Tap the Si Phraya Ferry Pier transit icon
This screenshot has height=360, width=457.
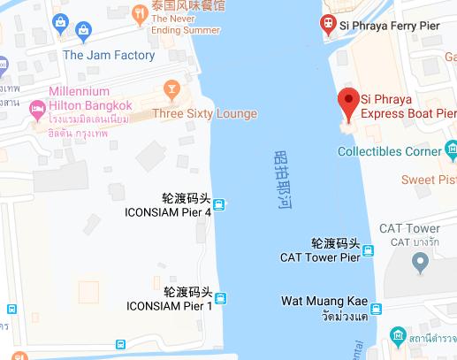[x=328, y=24]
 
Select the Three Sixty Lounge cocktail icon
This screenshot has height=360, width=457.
[x=171, y=90]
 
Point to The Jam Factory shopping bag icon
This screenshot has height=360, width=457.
[x=83, y=33]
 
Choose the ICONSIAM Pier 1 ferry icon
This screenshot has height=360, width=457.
[x=220, y=299]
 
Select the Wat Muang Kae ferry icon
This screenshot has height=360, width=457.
[x=377, y=309]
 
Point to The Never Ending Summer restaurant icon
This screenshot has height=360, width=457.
[x=141, y=12]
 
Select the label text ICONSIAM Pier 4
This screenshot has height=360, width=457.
[x=169, y=212]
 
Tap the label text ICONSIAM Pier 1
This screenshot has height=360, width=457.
[x=169, y=306]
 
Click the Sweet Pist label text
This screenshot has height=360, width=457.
[x=430, y=180]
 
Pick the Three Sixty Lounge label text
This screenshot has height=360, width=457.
[x=204, y=113]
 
